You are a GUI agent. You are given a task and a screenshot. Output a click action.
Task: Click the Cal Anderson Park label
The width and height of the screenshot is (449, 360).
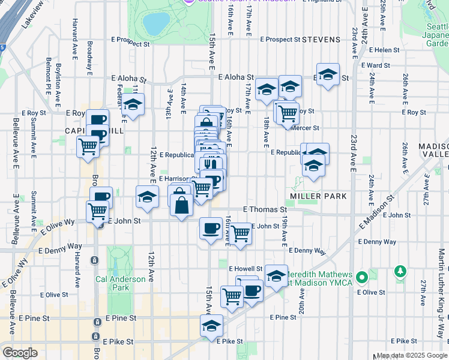tap(120, 283)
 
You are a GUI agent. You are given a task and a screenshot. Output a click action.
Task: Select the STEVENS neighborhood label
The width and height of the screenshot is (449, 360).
tap(321, 40)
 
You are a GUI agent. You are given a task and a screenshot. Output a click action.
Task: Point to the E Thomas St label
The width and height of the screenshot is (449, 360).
tap(264, 209)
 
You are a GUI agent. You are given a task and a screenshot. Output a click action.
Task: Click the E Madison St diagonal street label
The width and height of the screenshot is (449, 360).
tap(376, 211)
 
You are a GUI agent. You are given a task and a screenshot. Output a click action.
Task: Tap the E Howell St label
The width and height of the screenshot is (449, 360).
tap(246, 269)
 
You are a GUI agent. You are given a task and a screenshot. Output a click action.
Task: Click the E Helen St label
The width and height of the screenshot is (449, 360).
tap(384, 50)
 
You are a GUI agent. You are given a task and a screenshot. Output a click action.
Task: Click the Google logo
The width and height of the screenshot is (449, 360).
tap(20, 353)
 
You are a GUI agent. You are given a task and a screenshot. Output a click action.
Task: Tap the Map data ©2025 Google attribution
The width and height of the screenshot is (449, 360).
tap(411, 355)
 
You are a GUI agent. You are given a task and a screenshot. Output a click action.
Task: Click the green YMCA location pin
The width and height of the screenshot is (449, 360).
tap(361, 278)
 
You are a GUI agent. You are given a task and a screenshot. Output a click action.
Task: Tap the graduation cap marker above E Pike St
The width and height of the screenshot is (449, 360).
tap(211, 325)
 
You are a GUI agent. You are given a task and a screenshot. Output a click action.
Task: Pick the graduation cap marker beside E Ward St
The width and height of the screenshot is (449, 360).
tap(328, 74)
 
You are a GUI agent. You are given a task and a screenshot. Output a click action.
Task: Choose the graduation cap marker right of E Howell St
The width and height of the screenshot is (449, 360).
tap(276, 276)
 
